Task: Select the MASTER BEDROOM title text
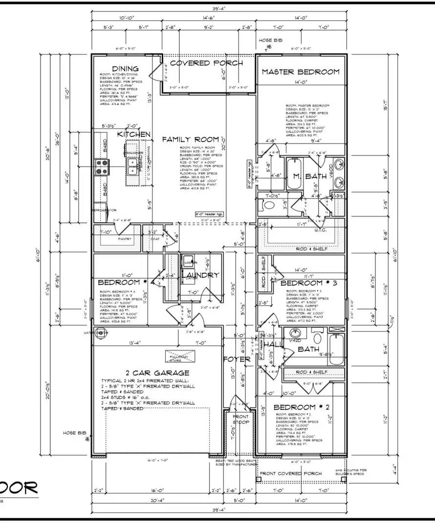300,72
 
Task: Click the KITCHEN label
133,134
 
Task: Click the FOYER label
237,359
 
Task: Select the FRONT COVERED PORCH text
290,473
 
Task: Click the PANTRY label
112,239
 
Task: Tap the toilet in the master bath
268,206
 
